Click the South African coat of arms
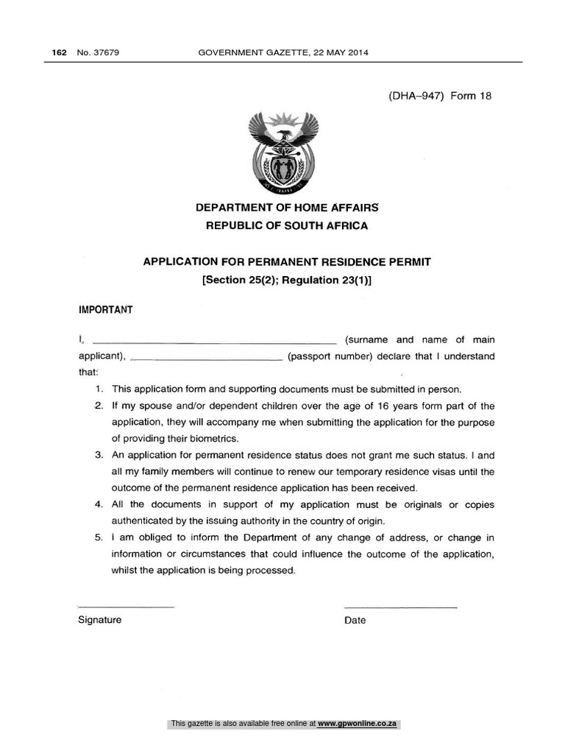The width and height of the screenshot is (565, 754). click(x=282, y=151)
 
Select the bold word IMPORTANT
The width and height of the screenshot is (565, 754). click(x=105, y=310)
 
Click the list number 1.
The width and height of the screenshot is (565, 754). click(x=99, y=390)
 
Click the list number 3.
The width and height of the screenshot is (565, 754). click(x=99, y=455)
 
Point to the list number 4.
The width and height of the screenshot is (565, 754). click(x=99, y=504)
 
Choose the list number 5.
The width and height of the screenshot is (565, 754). click(x=99, y=538)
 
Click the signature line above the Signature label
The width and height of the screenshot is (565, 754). click(x=126, y=606)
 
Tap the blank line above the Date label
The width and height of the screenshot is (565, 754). click(x=400, y=606)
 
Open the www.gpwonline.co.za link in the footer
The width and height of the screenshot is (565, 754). click(x=358, y=724)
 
